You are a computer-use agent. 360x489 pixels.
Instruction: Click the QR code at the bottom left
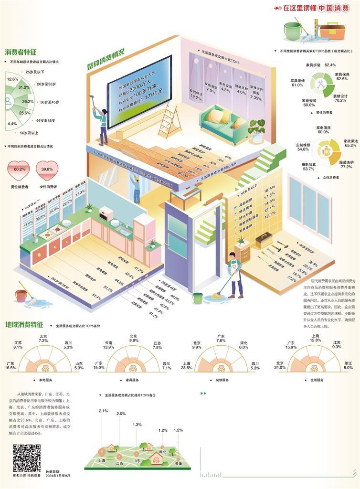click(x=26, y=457)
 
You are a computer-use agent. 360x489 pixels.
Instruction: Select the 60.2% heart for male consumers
click(x=19, y=169)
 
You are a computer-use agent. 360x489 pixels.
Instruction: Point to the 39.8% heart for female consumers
click(x=47, y=169)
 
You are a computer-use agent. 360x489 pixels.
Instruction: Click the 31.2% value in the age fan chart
click(x=24, y=88)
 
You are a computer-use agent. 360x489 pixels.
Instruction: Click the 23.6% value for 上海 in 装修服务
click(x=187, y=368)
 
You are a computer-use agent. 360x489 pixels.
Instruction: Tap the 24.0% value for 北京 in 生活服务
click(x=280, y=368)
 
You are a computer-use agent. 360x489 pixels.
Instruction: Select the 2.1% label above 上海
click(x=103, y=411)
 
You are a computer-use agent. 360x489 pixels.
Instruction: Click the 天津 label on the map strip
click(x=179, y=463)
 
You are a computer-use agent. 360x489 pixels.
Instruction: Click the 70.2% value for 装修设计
click(x=340, y=101)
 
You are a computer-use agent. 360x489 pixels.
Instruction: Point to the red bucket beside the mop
click(x=21, y=296)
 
